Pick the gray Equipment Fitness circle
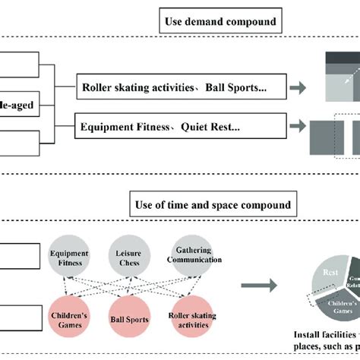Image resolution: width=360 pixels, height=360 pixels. pyautogui.click(x=68, y=258)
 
